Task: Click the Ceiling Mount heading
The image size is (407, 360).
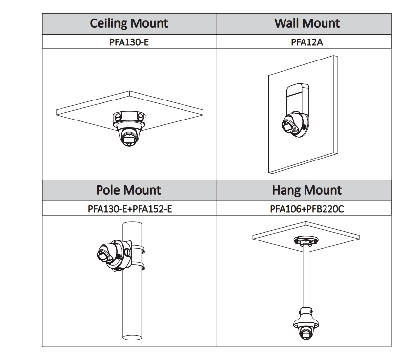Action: [129, 23]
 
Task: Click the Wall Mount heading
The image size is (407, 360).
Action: [307, 23]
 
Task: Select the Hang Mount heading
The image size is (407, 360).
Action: [306, 190]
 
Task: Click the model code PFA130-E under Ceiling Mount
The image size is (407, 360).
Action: [129, 41]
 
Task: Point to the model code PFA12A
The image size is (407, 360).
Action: [307, 41]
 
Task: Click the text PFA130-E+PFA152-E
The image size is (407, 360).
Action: [129, 209]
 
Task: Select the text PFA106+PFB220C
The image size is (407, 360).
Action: [306, 209]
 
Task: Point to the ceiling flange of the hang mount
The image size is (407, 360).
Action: [306, 241]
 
